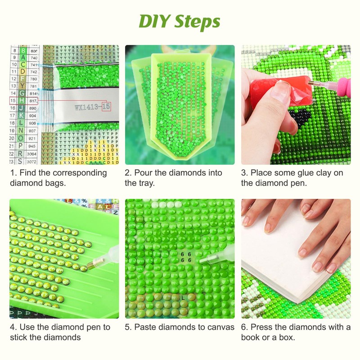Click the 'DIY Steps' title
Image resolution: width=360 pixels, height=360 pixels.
point(180,21)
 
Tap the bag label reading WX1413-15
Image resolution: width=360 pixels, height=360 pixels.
point(92,107)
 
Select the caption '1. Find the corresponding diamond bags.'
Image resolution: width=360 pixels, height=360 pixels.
point(58,178)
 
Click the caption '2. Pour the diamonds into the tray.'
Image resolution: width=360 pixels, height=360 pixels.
point(173,178)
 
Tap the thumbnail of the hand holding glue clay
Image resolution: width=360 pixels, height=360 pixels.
point(296,104)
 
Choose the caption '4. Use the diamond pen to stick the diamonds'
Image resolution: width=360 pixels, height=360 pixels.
point(60,332)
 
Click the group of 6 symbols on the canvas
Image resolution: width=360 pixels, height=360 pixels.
point(186,257)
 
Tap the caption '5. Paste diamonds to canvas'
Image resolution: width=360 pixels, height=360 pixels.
point(180,327)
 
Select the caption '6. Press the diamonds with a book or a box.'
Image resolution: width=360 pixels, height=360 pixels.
point(296,332)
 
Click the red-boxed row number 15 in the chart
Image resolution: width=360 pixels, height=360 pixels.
point(13,101)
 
